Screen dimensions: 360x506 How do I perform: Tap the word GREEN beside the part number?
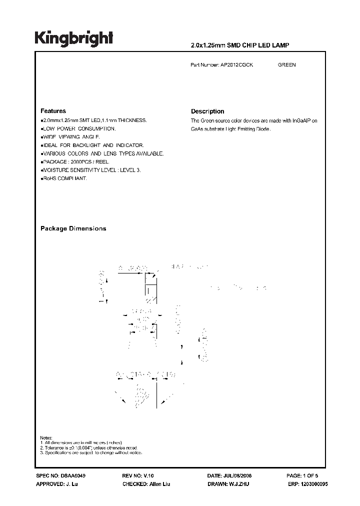[286, 65]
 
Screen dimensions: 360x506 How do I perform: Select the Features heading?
[53, 111]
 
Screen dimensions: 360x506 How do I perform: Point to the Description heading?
[207, 111]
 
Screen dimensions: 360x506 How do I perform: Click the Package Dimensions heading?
[73, 228]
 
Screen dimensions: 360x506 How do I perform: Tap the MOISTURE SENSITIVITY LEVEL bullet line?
[90, 170]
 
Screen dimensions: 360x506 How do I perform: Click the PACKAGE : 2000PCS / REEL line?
[75, 162]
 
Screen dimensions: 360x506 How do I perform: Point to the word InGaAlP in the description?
[302, 121]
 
